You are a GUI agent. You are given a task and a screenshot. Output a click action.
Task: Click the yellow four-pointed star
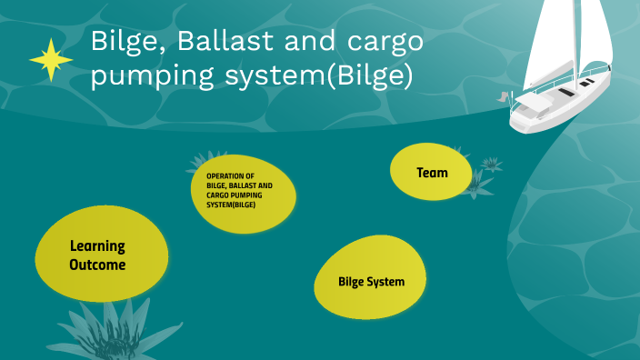(x=51, y=61)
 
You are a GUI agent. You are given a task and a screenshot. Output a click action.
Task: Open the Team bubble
(x=432, y=172)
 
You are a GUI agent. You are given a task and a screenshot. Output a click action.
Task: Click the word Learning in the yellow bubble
(x=97, y=245)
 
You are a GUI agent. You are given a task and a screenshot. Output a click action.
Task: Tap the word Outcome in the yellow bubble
(x=97, y=265)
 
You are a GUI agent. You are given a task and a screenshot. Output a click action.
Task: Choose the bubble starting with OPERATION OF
(x=243, y=190)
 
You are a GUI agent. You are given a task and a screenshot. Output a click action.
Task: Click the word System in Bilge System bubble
(x=386, y=281)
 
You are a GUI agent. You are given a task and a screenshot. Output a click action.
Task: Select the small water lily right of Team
(x=491, y=165)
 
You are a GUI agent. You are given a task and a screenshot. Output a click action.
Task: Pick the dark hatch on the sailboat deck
(x=565, y=93)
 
